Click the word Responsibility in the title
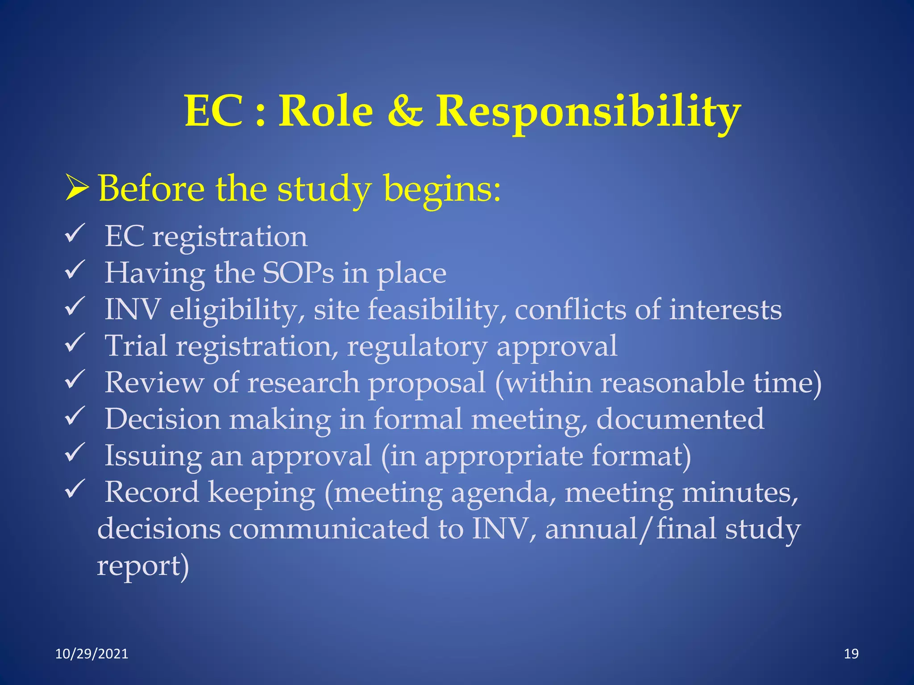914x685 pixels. (588, 111)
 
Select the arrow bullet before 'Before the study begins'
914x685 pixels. (76, 188)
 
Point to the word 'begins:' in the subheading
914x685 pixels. (442, 189)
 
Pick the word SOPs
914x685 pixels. (298, 273)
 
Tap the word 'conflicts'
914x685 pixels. (570, 309)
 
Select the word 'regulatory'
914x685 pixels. (417, 347)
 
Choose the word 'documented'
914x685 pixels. (680, 419)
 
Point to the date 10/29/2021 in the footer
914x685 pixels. (91, 654)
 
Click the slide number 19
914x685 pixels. (851, 654)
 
